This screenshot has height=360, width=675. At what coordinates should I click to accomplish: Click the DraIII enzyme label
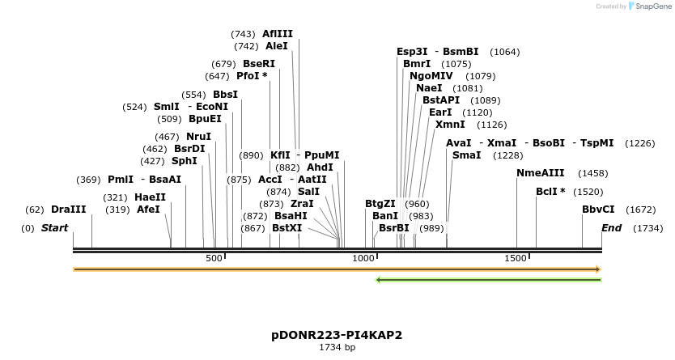pyautogui.click(x=68, y=210)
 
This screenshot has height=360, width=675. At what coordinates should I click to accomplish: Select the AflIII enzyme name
pyautogui.click(x=278, y=34)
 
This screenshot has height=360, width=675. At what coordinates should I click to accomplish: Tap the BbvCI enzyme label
pyautogui.click(x=598, y=210)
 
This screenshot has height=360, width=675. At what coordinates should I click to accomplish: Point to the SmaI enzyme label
pyautogui.click(x=466, y=155)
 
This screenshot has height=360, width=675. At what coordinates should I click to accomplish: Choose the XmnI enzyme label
pyautogui.click(x=450, y=125)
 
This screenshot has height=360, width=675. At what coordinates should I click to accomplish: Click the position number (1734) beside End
pyautogui.click(x=648, y=228)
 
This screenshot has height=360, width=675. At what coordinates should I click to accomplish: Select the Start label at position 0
pyautogui.click(x=54, y=228)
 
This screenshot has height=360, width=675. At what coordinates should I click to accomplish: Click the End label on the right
pyautogui.click(x=611, y=228)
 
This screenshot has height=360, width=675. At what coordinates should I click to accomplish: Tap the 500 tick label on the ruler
pyautogui.click(x=214, y=258)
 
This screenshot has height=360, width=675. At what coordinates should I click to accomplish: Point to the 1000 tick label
pyautogui.click(x=364, y=258)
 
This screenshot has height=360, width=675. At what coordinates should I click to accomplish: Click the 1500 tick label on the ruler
pyautogui.click(x=516, y=258)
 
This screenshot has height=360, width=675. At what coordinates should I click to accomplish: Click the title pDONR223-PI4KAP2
pyautogui.click(x=337, y=335)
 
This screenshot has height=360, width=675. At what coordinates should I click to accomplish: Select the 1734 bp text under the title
pyautogui.click(x=337, y=347)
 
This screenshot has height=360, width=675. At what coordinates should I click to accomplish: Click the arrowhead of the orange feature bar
pyautogui.click(x=598, y=269)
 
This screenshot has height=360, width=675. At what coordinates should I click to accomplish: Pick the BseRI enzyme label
pyautogui.click(x=259, y=64)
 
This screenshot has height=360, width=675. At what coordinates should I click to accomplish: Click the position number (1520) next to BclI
pyautogui.click(x=588, y=192)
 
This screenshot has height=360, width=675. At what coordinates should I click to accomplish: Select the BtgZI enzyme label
pyautogui.click(x=380, y=204)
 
